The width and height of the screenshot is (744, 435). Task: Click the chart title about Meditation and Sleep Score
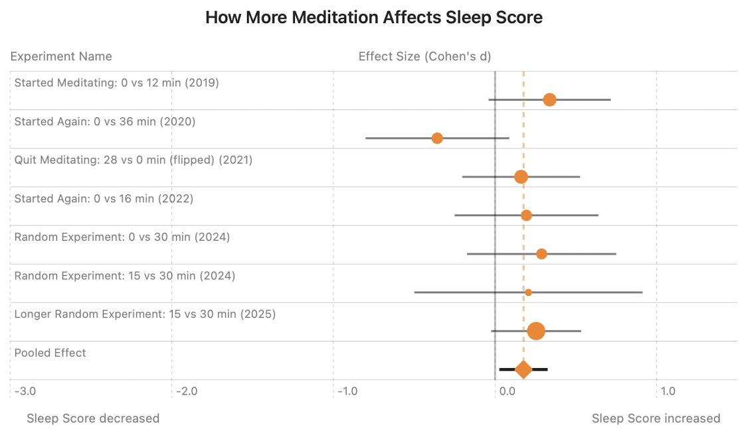373,18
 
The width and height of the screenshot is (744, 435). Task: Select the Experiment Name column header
61,56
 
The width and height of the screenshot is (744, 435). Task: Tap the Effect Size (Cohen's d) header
424,56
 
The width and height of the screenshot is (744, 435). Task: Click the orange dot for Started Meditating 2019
549,100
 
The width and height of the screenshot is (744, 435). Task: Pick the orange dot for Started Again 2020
437,138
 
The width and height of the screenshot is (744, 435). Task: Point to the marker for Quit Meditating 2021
521,177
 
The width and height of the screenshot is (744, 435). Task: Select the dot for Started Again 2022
526,216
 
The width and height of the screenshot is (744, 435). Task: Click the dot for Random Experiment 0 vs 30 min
541,254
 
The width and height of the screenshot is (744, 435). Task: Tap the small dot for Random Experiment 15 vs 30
528,292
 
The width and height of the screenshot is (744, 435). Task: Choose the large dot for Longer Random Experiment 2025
536,331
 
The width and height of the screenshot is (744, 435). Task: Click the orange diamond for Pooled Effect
523,369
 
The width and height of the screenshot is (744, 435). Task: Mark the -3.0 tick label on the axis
25,391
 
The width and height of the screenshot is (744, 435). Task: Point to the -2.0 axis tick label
187,391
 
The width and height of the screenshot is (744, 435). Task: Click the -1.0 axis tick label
348,391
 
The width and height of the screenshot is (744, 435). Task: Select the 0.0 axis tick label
508,391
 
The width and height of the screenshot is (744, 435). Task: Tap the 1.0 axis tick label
668,391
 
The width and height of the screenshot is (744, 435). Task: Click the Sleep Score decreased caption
93,418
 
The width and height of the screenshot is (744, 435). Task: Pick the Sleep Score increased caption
656,418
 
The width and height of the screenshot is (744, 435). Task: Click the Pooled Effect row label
50,353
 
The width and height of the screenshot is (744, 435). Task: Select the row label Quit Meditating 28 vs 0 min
133,160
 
